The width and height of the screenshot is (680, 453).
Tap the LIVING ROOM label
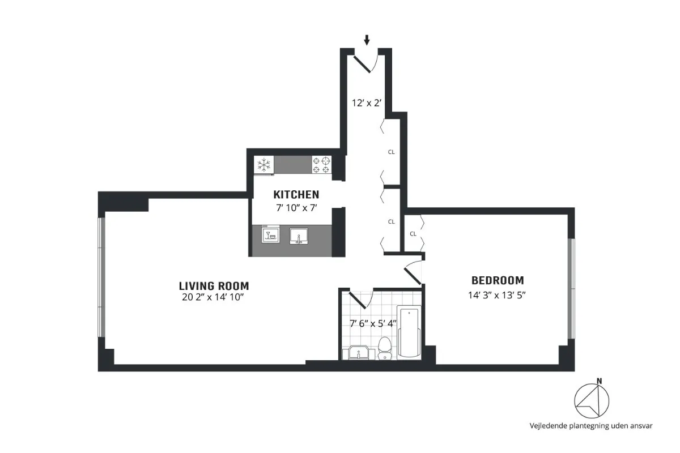click(214, 286)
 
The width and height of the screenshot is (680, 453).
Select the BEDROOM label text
click(498, 280)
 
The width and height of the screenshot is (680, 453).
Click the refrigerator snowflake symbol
click(263, 165)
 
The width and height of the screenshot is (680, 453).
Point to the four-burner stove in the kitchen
click(321, 165)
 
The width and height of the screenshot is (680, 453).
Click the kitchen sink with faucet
click(298, 234)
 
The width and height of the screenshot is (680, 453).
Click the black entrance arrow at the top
click(367, 40)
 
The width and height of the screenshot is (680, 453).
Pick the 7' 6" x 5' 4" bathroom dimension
click(372, 324)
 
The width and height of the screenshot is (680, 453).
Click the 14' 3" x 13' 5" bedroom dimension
click(498, 294)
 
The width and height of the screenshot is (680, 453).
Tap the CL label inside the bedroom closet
click(413, 233)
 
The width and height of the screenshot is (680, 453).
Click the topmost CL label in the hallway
click(391, 152)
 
